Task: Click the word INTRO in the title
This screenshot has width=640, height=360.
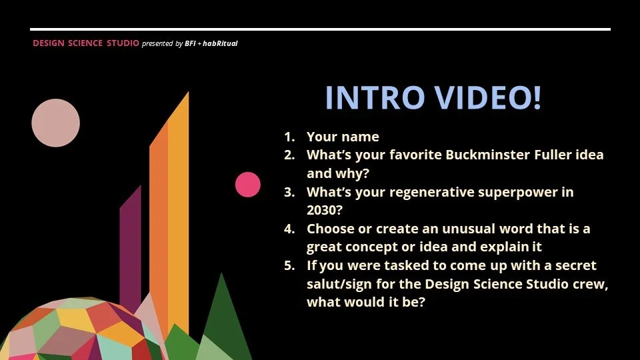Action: tap(374, 98)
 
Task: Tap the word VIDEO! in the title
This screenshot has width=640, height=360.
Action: tap(487, 98)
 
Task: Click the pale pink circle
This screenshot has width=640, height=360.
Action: tap(56, 123)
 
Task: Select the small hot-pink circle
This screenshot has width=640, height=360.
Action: tap(248, 185)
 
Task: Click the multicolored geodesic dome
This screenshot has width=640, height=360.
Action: tap(80, 330)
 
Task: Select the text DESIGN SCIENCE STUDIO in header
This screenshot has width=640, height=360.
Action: tap(86, 43)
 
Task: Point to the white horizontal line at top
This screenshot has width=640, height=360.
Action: tap(320, 29)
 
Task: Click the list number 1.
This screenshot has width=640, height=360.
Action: tap(289, 137)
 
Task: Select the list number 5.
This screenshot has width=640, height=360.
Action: tap(289, 266)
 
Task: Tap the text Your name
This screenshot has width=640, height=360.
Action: tap(343, 137)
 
